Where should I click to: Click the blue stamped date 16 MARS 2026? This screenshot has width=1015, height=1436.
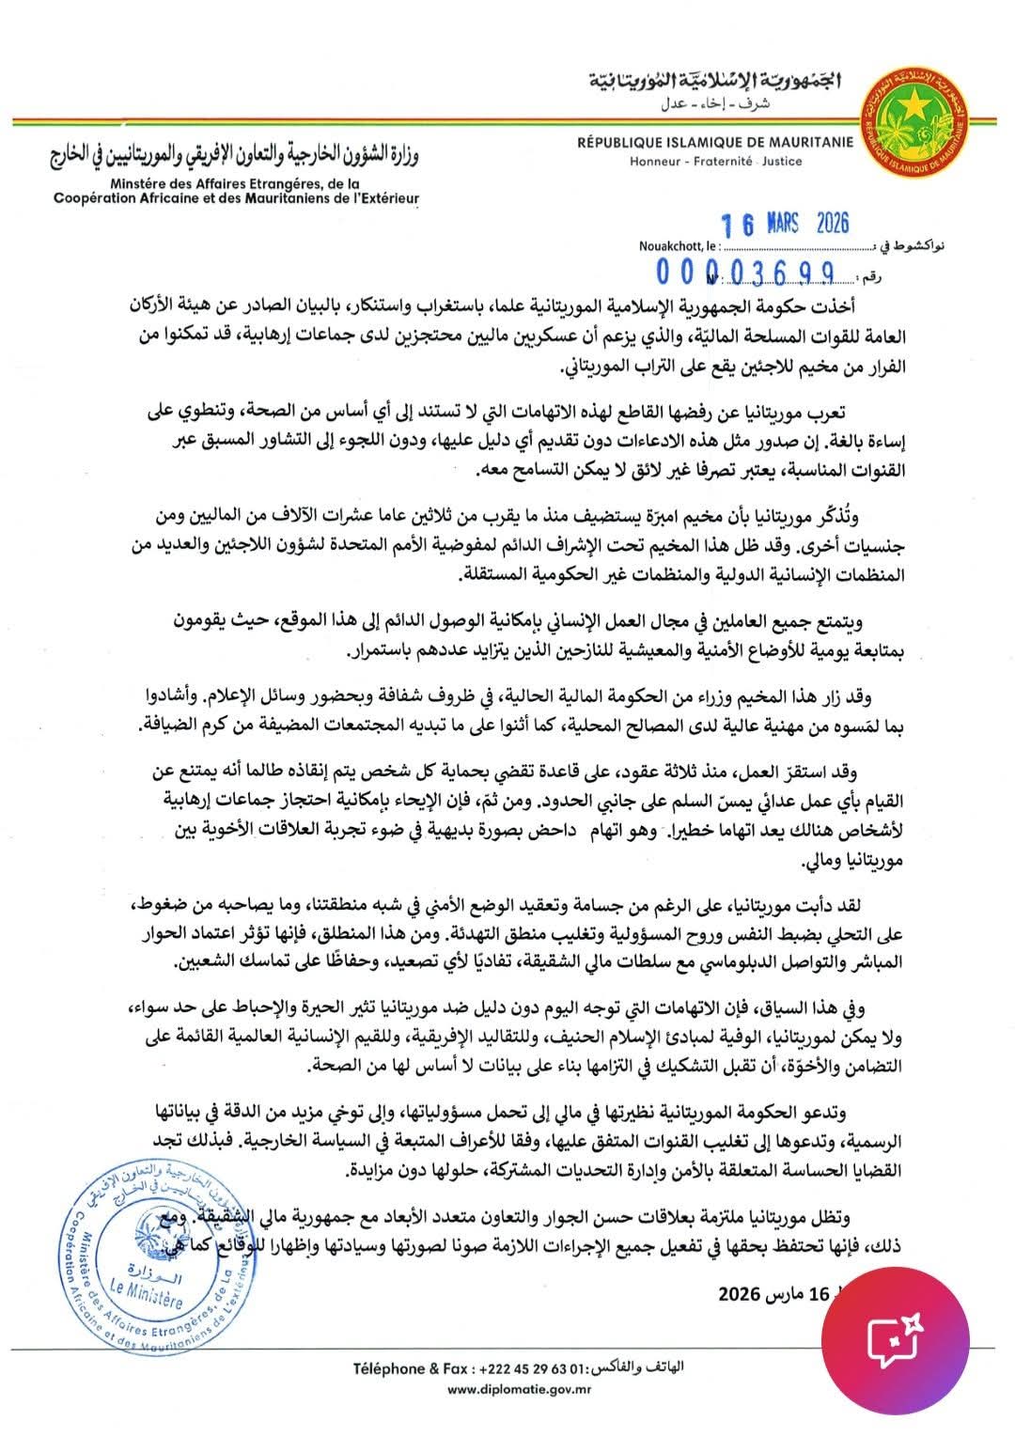click(x=785, y=224)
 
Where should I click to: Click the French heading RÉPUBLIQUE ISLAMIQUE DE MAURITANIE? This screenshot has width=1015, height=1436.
click(x=715, y=142)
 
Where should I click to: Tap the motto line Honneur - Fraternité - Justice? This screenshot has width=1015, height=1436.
click(x=715, y=161)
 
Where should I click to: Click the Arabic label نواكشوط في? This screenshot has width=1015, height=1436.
click(x=909, y=246)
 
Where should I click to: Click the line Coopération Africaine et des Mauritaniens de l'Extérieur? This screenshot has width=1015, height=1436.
click(x=235, y=199)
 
